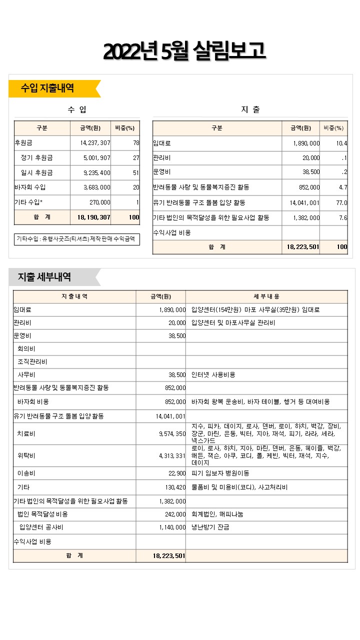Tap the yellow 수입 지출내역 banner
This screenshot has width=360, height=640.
tap(48, 88)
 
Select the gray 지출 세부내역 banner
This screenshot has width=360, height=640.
tap(45, 277)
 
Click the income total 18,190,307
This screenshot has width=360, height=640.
tap(94, 217)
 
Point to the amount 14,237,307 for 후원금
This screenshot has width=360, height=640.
tap(95, 143)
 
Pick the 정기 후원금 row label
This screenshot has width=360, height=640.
tap(36, 158)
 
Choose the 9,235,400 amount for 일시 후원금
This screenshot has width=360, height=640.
tap(95, 173)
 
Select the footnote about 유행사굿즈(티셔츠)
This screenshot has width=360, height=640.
tap(75, 239)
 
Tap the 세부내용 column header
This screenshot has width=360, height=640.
tap(266, 296)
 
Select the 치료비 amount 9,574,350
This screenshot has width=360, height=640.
tap(172, 434)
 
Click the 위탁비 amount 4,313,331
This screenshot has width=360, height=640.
tap(172, 456)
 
